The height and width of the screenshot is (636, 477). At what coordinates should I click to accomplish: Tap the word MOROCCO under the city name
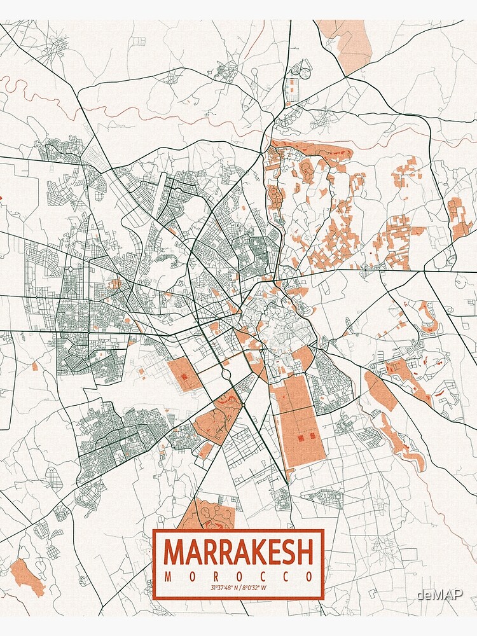click(238, 577)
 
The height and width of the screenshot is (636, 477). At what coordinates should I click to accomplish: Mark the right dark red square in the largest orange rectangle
click(313, 436)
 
